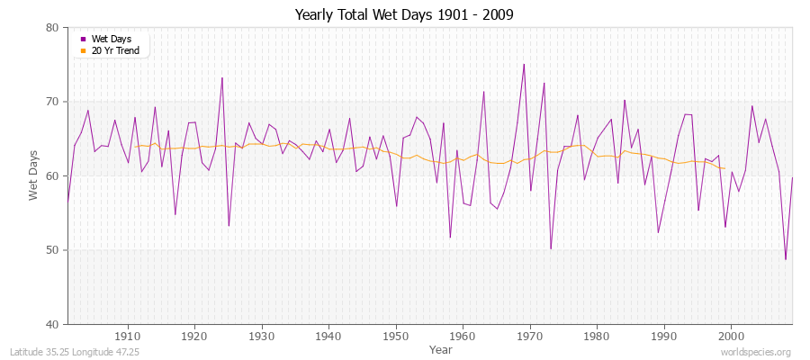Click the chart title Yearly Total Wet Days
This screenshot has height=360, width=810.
pyautogui.click(x=405, y=15)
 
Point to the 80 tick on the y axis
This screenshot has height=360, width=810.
pyautogui.click(x=52, y=28)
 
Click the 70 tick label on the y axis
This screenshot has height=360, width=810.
pyautogui.click(x=52, y=102)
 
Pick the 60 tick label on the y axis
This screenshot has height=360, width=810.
pyautogui.click(x=52, y=175)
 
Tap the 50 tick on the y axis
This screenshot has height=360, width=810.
pyautogui.click(x=52, y=250)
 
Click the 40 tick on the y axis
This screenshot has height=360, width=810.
pyautogui.click(x=52, y=324)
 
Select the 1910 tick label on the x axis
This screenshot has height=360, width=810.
pyautogui.click(x=128, y=336)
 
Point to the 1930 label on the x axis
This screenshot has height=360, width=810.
pyautogui.click(x=262, y=336)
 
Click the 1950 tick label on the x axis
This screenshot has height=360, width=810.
pyautogui.click(x=396, y=336)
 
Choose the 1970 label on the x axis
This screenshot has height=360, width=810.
pyautogui.click(x=530, y=336)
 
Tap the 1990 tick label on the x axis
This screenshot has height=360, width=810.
pyautogui.click(x=664, y=336)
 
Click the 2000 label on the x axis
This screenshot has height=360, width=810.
pyautogui.click(x=731, y=336)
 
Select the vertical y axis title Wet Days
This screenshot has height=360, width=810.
pyautogui.click(x=34, y=175)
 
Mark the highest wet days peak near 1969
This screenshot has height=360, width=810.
pyautogui.click(x=524, y=64)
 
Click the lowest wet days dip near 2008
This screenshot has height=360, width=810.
pyautogui.click(x=786, y=259)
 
